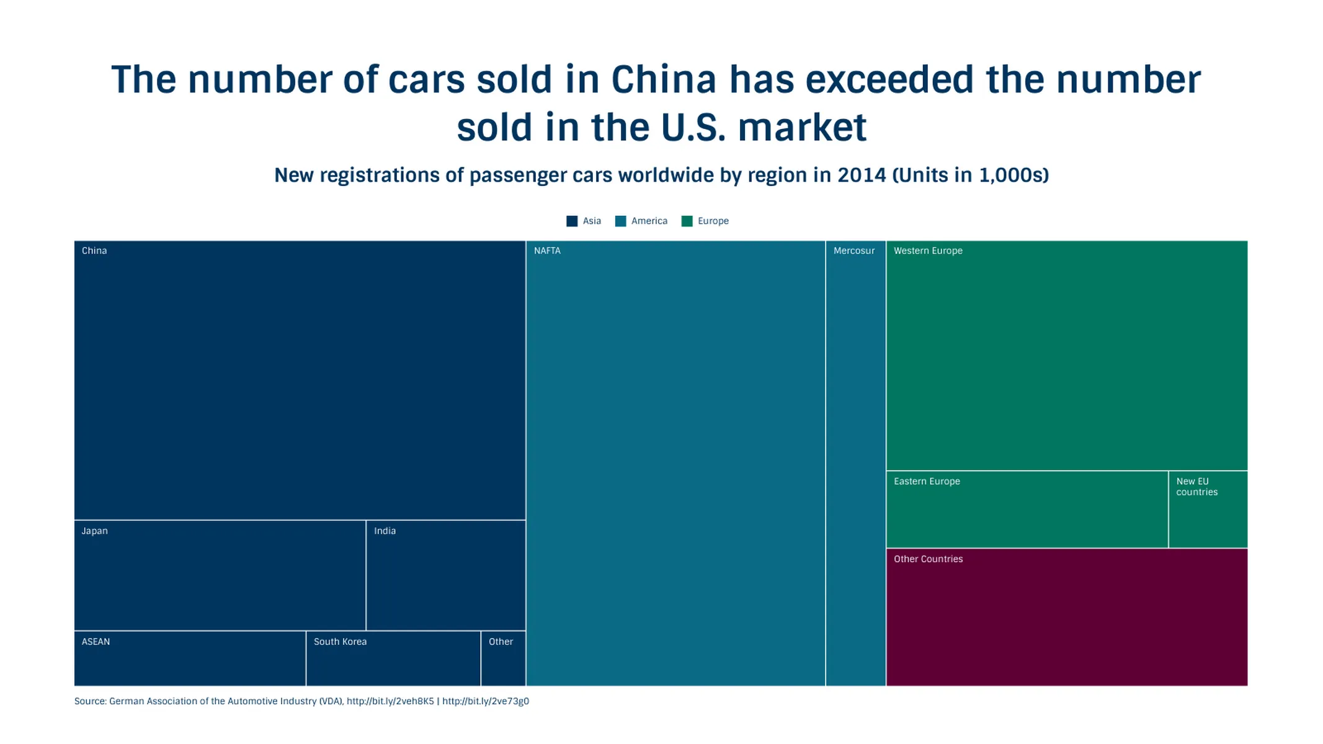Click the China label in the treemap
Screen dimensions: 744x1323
pos(94,250)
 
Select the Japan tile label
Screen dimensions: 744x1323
pos(94,531)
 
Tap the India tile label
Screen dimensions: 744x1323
pos(385,531)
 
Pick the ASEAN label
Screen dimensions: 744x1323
pos(96,642)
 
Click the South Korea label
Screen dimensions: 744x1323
pos(340,642)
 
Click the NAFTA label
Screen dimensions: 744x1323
pos(547,250)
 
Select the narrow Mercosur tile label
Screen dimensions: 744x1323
pos(853,250)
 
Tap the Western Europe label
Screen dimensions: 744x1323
pos(928,250)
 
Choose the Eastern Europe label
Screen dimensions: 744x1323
pos(927,481)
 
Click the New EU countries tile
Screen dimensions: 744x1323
pos(1207,508)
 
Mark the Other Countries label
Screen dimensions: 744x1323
pos(928,559)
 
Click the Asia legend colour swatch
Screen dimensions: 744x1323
pos(572,221)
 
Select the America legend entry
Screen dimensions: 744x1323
pos(649,221)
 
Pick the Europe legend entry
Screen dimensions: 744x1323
pos(713,221)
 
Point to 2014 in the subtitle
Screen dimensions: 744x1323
pos(862,175)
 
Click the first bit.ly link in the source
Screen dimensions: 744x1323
pos(390,701)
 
